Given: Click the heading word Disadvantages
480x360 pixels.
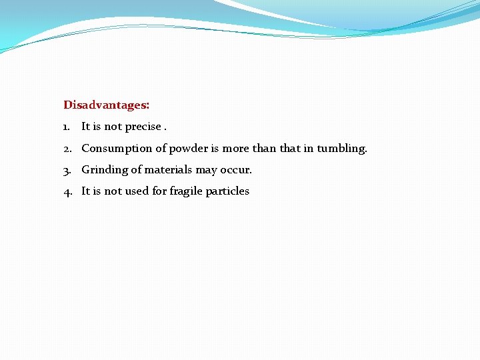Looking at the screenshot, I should [x=106, y=105].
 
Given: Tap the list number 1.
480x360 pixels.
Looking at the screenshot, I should [x=67, y=127].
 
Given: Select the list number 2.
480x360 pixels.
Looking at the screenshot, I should [x=67, y=148].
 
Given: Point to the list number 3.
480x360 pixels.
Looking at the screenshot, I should [x=67, y=170].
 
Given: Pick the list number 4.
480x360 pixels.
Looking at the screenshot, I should [x=67, y=191].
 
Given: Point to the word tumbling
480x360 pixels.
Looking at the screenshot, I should [x=341, y=148].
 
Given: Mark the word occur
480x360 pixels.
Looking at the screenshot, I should [x=236, y=170].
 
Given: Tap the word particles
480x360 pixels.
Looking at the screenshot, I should [x=227, y=191].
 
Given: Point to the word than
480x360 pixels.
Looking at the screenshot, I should [x=264, y=148].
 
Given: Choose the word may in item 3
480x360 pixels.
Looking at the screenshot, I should [x=205, y=171].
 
